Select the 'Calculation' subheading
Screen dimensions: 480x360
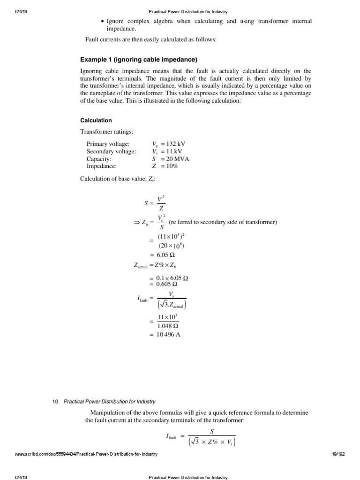click(96, 120)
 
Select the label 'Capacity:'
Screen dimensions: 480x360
click(99, 158)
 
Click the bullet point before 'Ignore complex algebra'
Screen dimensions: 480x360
click(103, 22)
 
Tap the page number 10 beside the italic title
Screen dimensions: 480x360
click(55, 401)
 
